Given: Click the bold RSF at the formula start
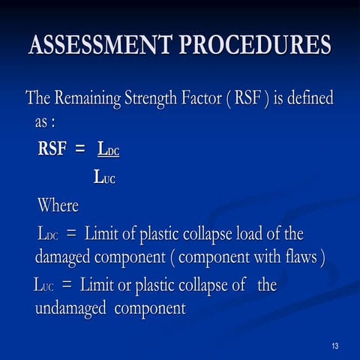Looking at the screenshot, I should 55,148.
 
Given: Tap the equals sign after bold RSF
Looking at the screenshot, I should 83,148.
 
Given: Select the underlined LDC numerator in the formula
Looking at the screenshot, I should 108,149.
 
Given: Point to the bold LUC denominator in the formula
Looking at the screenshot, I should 104,178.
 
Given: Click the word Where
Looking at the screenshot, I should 58,205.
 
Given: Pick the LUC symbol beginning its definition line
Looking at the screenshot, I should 44,285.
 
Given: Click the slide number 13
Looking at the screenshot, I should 334,346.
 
